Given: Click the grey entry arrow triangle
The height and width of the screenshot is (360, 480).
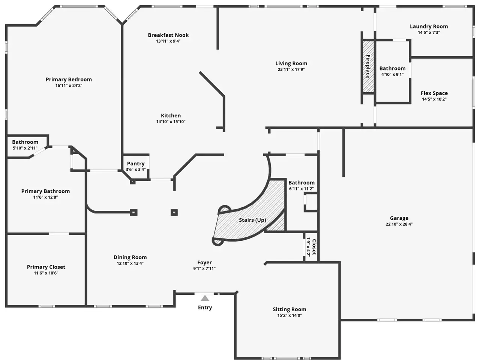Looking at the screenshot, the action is pos(205,298).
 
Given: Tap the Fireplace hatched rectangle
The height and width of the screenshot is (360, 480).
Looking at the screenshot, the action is pos(368,67).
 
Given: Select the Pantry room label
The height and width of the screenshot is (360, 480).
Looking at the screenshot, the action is pos(136,163).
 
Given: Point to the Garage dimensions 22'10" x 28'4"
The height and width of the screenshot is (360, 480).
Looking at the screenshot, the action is pos(399,224).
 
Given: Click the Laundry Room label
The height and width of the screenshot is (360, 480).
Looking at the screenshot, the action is pos(429,27).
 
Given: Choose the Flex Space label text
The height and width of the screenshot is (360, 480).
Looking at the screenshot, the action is pos(434,93).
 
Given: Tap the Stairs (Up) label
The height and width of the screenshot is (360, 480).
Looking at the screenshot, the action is pos(253,220).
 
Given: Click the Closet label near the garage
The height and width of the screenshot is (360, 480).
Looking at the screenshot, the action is pos(314,247).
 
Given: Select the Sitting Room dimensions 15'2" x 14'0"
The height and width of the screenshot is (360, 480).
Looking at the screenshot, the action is pos(289,315).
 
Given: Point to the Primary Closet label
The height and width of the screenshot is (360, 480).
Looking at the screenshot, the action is pos(46,267).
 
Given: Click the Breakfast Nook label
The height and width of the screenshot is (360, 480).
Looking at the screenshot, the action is pos(168,35).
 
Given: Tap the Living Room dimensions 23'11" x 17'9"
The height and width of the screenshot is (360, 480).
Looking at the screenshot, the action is pos(291,69).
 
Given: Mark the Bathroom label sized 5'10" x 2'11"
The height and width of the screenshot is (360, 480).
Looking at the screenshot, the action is pos(25,142).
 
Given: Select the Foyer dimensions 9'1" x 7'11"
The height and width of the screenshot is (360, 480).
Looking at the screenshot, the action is pos(204,268).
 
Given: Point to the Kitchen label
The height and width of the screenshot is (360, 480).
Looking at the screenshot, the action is pos(171,115).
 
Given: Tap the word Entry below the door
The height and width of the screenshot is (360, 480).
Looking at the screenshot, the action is pos(205,308).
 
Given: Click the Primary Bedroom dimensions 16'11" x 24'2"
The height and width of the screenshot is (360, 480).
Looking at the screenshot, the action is pos(69,85).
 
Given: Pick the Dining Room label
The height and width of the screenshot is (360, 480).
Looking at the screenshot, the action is pos(130,258).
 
